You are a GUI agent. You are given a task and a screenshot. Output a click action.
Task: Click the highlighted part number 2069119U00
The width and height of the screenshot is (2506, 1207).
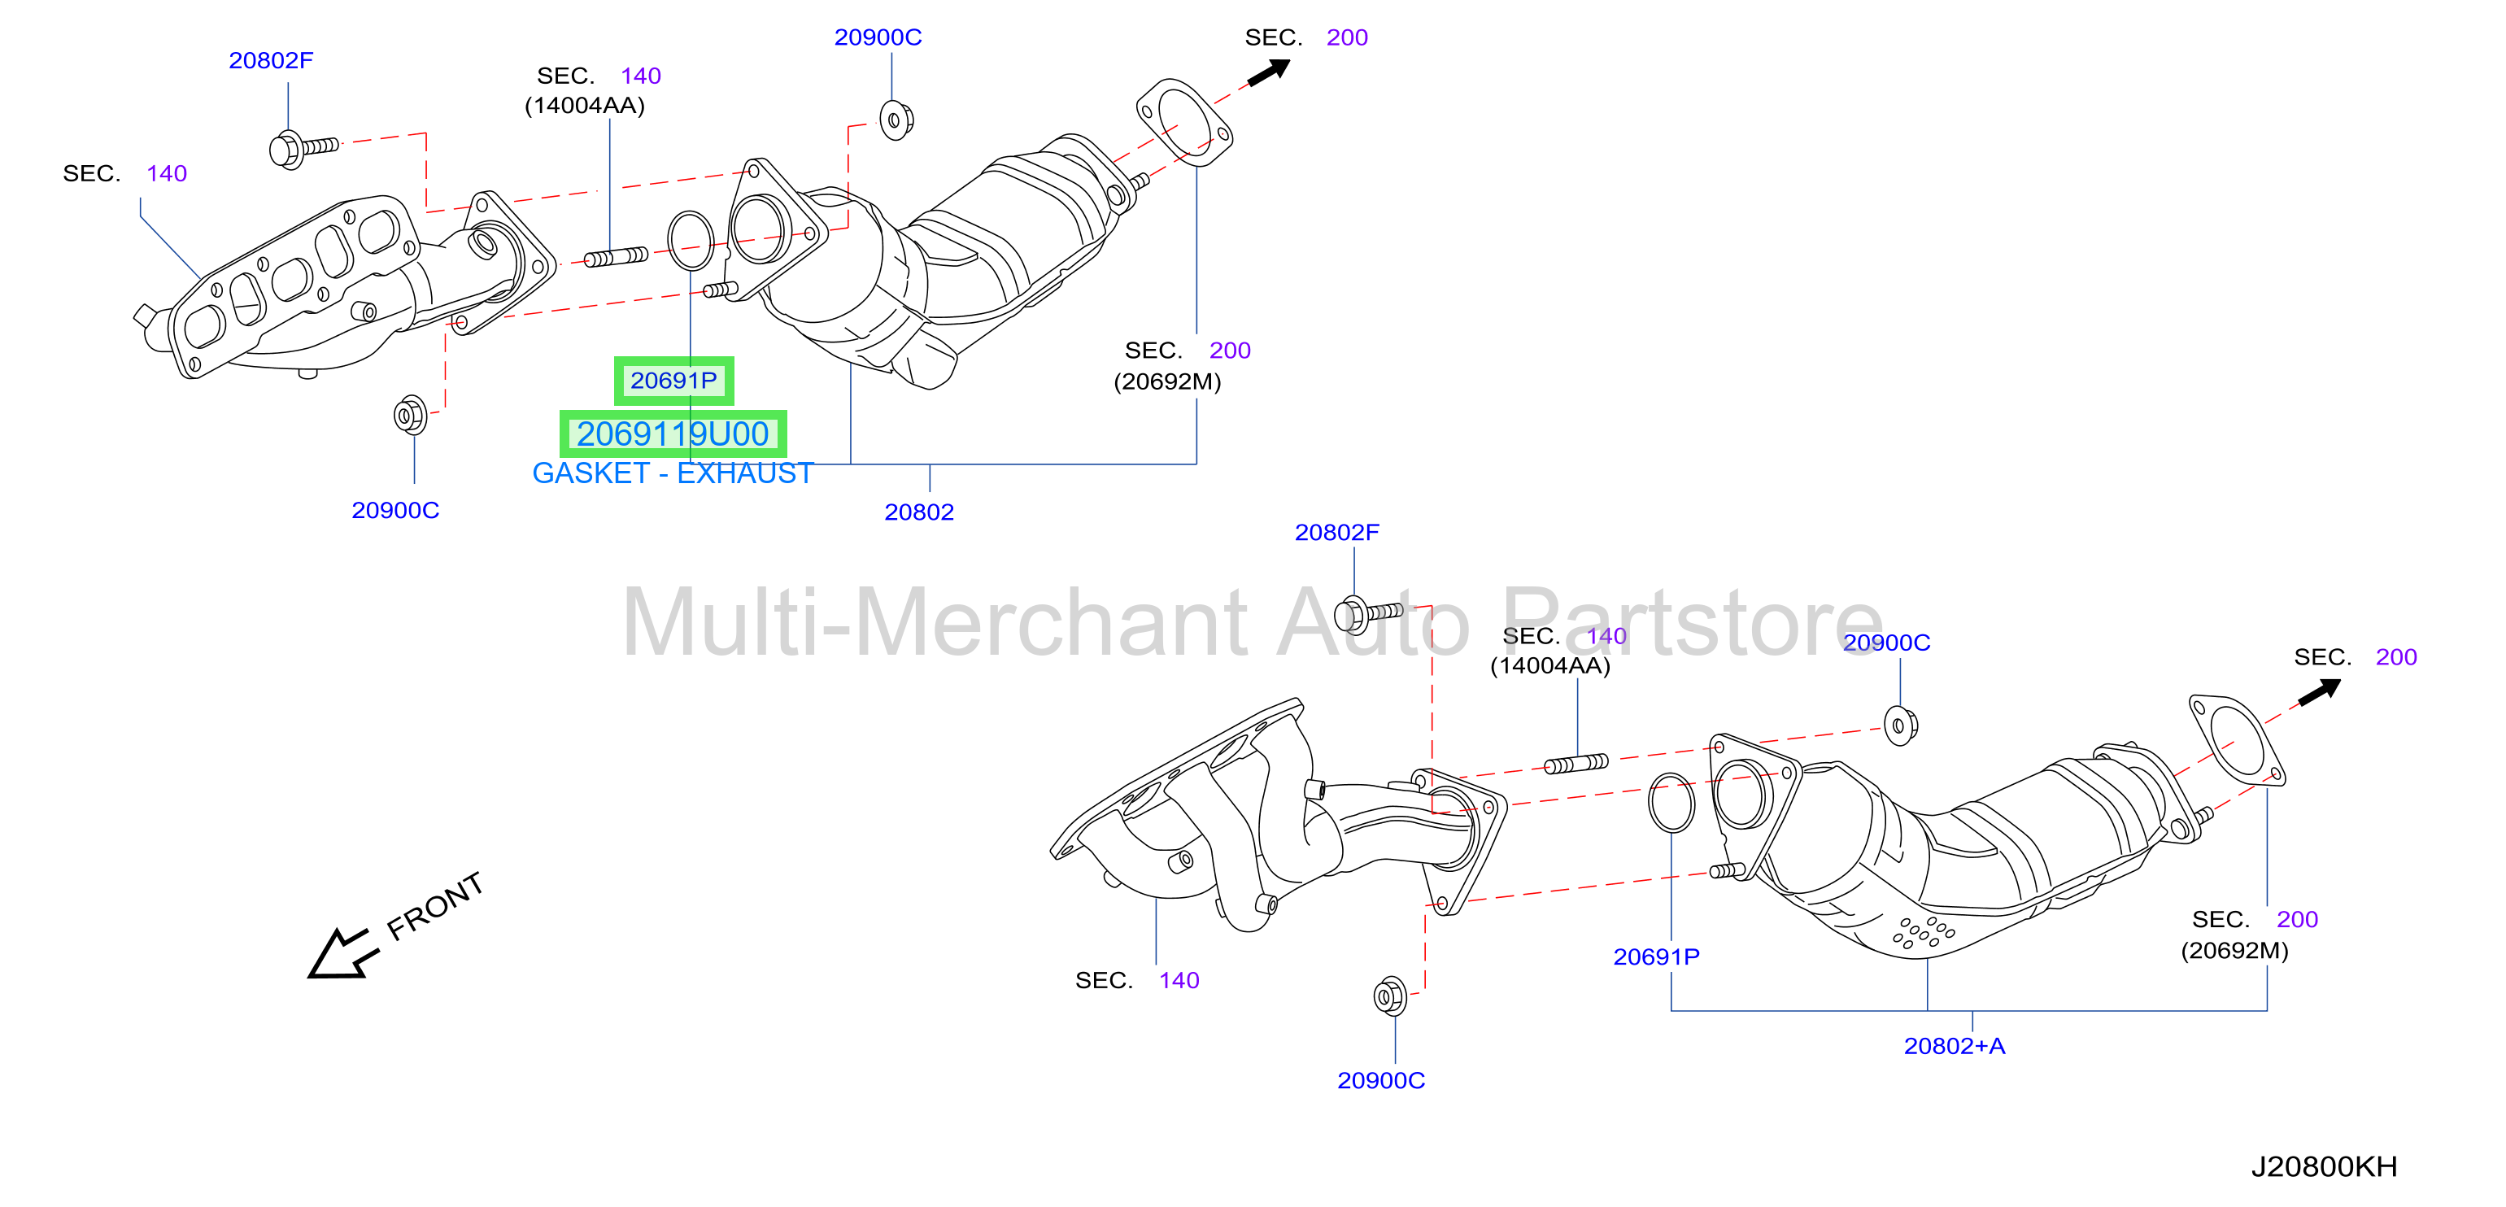pos(673,434)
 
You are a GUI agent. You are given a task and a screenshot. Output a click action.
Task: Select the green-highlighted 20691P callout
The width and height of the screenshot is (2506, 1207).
pos(673,381)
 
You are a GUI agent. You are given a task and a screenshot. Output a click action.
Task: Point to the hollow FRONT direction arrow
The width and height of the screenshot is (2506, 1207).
pos(341,953)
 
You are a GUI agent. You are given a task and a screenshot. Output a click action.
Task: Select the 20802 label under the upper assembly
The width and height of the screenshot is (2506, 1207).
pos(919,512)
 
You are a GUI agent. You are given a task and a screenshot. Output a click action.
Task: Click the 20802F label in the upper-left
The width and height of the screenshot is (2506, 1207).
pos(272,60)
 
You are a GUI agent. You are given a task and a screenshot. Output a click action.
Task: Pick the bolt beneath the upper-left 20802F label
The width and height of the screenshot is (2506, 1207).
pos(303,150)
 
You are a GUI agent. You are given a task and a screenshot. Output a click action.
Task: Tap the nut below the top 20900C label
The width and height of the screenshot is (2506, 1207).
pos(896,120)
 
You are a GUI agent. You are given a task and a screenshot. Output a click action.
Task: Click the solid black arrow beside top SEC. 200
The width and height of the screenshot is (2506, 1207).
pos(1269,72)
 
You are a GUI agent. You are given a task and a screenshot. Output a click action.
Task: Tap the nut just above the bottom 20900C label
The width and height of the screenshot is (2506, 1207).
pos(1390,996)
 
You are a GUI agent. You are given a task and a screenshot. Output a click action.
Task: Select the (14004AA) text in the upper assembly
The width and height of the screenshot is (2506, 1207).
pos(585,105)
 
